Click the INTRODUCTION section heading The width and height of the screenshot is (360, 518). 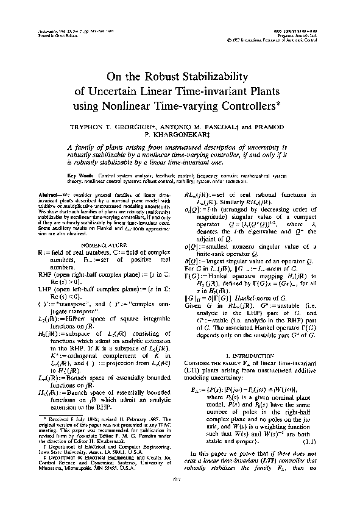[259, 337]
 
